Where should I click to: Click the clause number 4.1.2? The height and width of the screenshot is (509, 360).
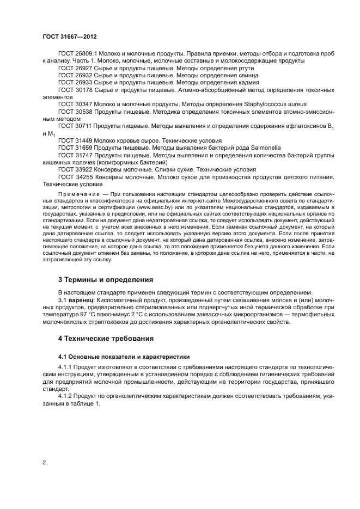click(66, 397)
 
